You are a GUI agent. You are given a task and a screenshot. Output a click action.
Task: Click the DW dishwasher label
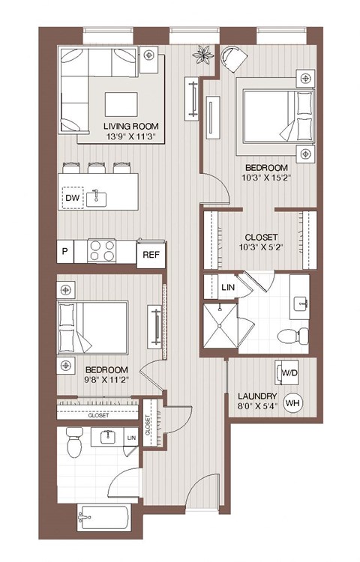pos(73,198)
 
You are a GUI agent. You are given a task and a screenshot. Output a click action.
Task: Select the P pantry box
pos(65,251)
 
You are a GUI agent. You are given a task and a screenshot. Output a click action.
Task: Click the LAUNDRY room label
pos(257,396)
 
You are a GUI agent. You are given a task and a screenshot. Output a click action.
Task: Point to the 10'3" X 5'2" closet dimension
pos(260,247)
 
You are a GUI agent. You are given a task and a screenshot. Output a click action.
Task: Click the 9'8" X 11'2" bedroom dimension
pos(106,379)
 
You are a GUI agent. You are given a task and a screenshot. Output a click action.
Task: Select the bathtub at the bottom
pos(104,516)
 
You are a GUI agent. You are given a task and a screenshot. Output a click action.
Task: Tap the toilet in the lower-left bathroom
pos(73,443)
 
